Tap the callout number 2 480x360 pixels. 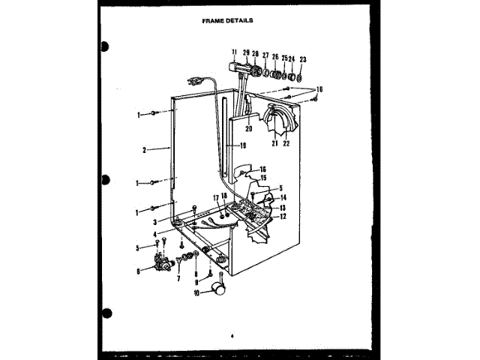pyautogui.click(x=143, y=149)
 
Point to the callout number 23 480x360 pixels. pyautogui.click(x=303, y=58)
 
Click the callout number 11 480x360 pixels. pyautogui.click(x=235, y=52)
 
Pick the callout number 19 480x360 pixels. pyautogui.click(x=243, y=145)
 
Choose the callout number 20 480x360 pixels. pyautogui.click(x=248, y=129)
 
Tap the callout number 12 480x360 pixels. pyautogui.click(x=283, y=216)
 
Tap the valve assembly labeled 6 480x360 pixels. pyautogui.click(x=159, y=263)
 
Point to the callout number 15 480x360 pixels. pyautogui.click(x=262, y=178)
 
